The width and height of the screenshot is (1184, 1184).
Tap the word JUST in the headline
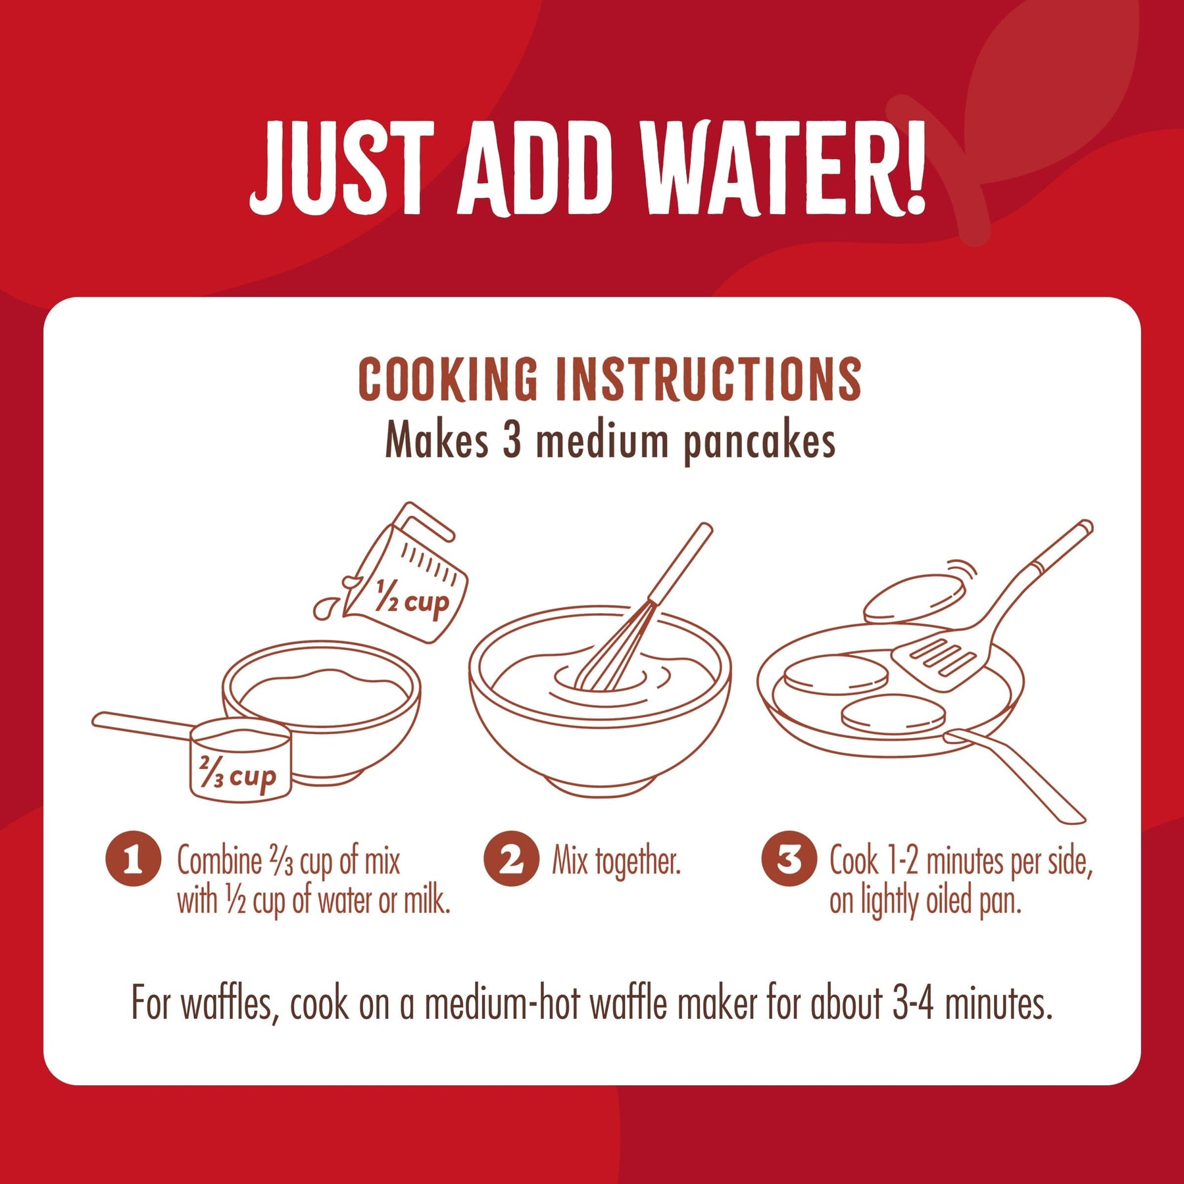point(342,168)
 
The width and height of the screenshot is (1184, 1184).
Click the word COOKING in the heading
point(448,379)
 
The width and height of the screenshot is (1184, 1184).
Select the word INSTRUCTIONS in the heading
point(709,379)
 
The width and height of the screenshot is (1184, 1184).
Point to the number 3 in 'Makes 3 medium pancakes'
point(512,441)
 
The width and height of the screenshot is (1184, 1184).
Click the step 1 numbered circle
point(133,859)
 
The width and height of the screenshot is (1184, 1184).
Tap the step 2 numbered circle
point(511,859)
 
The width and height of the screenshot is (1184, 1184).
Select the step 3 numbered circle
point(789,859)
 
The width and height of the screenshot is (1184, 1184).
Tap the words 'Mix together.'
point(616,862)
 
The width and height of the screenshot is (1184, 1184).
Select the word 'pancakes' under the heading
point(760,442)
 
